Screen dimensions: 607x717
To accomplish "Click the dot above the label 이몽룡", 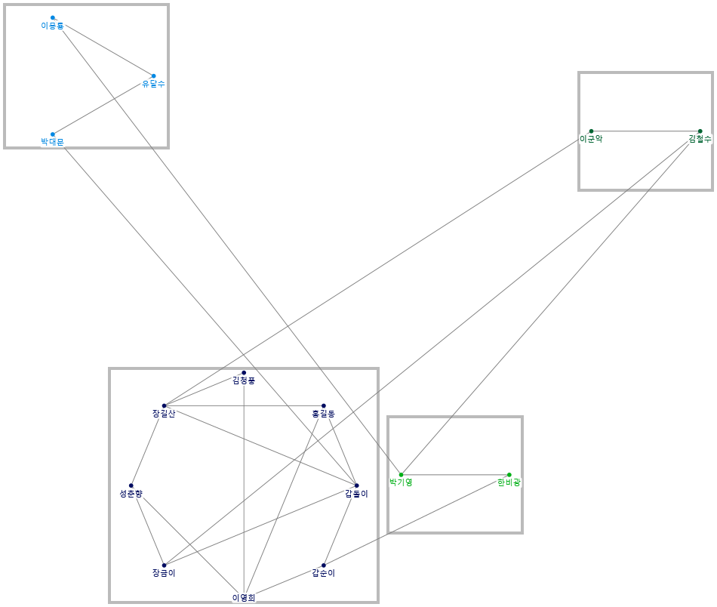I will click(x=53, y=17).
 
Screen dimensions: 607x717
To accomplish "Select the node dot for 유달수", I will click(x=153, y=75).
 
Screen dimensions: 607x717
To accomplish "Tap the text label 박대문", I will click(x=53, y=142).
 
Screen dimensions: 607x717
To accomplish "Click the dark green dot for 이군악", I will click(x=591, y=131).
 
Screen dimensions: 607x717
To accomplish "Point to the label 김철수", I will click(x=700, y=139).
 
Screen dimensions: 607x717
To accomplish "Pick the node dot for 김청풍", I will click(x=244, y=372).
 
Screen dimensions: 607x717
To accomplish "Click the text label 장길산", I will click(x=164, y=414).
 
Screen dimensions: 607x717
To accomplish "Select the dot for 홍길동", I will click(x=324, y=405).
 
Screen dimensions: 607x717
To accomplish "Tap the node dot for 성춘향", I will click(x=131, y=485).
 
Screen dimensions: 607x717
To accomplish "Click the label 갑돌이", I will click(x=356, y=494).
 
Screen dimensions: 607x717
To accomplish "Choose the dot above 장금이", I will click(x=164, y=565).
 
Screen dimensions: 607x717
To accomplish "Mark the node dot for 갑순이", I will click(x=324, y=565).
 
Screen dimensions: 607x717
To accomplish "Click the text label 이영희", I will click(x=244, y=598).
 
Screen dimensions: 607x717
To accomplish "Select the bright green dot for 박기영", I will click(x=401, y=474).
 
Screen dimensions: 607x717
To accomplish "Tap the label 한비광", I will click(x=509, y=482).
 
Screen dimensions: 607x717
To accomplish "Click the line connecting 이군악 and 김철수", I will click(x=645, y=131).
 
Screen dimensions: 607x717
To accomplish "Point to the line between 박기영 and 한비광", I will click(x=454, y=474).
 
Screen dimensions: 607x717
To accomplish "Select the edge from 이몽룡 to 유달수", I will click(x=109, y=50).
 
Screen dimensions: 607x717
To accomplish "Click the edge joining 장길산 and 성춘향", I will click(x=147, y=445).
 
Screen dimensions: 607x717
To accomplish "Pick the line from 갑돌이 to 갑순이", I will click(x=340, y=525).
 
